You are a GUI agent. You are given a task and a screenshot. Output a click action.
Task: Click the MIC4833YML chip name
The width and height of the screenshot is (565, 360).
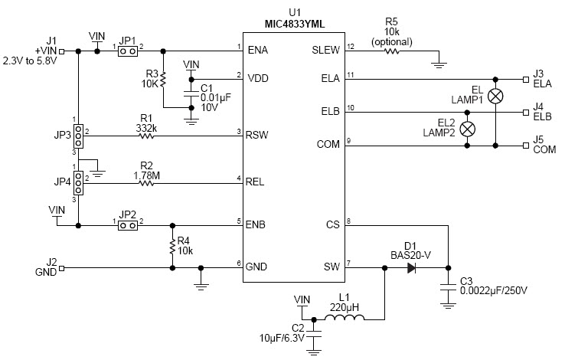point(295,24)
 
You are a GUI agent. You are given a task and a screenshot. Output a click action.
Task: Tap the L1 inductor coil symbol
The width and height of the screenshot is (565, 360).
point(344,318)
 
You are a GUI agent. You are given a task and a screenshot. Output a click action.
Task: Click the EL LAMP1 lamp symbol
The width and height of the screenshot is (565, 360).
point(496,96)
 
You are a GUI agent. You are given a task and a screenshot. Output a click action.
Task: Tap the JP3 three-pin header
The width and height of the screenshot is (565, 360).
point(78,136)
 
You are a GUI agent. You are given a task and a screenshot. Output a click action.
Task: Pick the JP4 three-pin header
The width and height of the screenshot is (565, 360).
point(78,181)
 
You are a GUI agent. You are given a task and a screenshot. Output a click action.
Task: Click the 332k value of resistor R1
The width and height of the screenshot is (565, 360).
point(145,129)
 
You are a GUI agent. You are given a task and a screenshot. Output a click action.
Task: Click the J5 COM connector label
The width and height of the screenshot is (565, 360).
point(544,145)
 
